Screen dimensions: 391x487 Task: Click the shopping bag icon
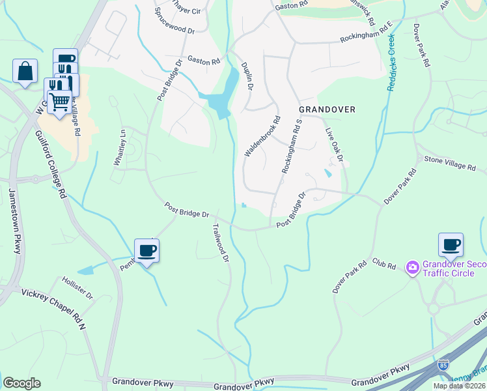pyautogui.click(x=25, y=71)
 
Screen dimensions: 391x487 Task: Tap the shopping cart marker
pyautogui.click(x=59, y=102)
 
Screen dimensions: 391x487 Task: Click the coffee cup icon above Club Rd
pyautogui.click(x=451, y=245)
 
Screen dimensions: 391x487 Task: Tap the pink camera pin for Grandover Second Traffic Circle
pyautogui.click(x=412, y=268)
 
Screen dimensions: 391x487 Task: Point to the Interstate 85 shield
pyautogui.click(x=443, y=366)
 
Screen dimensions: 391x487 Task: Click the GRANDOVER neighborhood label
pyautogui.click(x=327, y=109)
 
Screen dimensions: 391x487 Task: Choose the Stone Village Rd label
pyautogui.click(x=450, y=163)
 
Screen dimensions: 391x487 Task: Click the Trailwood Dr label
pyautogui.click(x=221, y=243)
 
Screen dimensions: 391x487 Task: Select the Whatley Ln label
pyautogui.click(x=120, y=147)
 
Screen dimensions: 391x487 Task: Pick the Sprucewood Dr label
pyautogui.click(x=174, y=21)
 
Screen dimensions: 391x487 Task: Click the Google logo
pyautogui.click(x=21, y=383)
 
